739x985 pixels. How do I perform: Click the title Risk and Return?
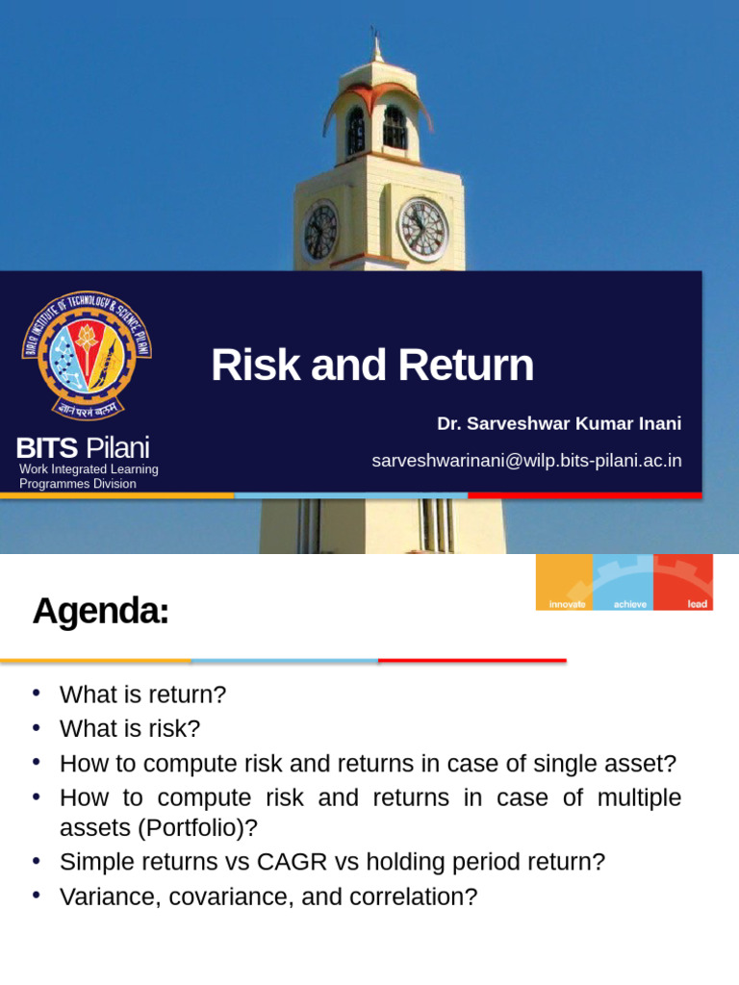371,366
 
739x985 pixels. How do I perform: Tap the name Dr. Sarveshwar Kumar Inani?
558,424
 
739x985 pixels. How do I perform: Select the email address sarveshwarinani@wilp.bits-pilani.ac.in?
526,461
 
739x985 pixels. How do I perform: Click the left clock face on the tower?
320,232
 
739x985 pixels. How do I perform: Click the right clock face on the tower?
422,230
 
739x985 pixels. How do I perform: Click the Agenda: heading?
100,611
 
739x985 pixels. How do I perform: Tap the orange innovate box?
565,581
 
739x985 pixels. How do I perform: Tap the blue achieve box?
623,581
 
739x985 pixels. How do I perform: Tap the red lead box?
684,581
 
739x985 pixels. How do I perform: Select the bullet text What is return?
143,695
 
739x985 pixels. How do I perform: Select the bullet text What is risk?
129,729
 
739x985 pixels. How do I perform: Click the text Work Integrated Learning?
89,469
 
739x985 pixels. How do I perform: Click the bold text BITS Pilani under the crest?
82,447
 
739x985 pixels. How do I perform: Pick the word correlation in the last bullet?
412,897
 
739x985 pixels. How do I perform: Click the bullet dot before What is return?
37,694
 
